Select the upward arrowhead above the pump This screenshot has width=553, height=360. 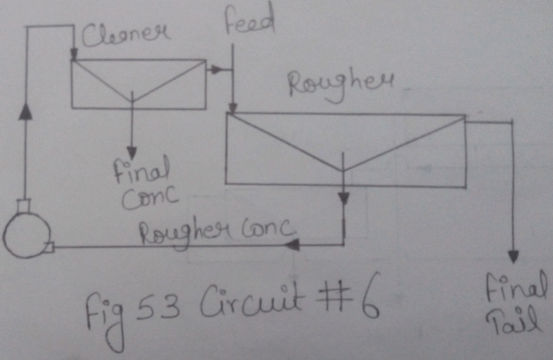click(x=25, y=110)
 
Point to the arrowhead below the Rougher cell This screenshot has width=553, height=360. click(x=343, y=197)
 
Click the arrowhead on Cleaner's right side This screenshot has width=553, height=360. click(x=216, y=68)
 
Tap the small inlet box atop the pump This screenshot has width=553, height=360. click(x=24, y=205)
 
